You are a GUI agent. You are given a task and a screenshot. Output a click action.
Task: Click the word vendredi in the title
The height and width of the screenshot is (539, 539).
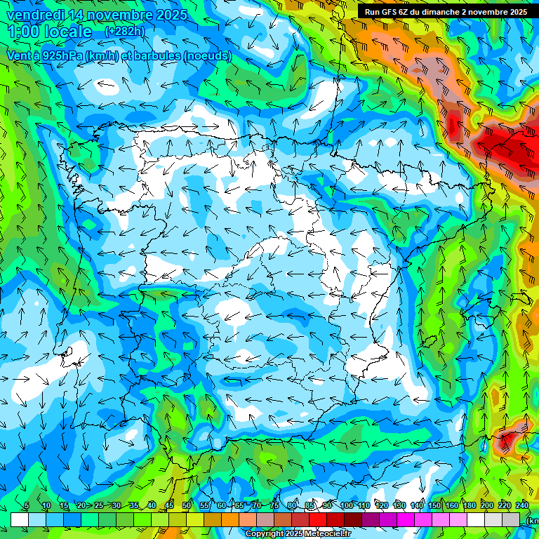click(x=34, y=15)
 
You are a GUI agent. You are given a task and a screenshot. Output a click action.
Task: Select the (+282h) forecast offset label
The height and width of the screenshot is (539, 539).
click(x=124, y=31)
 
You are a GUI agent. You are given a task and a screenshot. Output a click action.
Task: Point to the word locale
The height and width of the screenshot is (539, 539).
click(x=67, y=32)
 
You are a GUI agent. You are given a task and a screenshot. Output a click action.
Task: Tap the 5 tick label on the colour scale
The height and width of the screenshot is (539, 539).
click(x=27, y=506)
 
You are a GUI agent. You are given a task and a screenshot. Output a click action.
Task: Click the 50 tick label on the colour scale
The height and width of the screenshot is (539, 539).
click(x=187, y=506)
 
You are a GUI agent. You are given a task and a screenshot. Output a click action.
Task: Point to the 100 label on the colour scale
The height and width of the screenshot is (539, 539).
click(x=347, y=506)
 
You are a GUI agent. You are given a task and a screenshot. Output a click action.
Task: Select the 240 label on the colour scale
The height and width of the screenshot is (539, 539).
click(x=522, y=506)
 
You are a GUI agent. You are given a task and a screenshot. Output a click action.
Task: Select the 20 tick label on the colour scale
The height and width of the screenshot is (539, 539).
click(x=81, y=506)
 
